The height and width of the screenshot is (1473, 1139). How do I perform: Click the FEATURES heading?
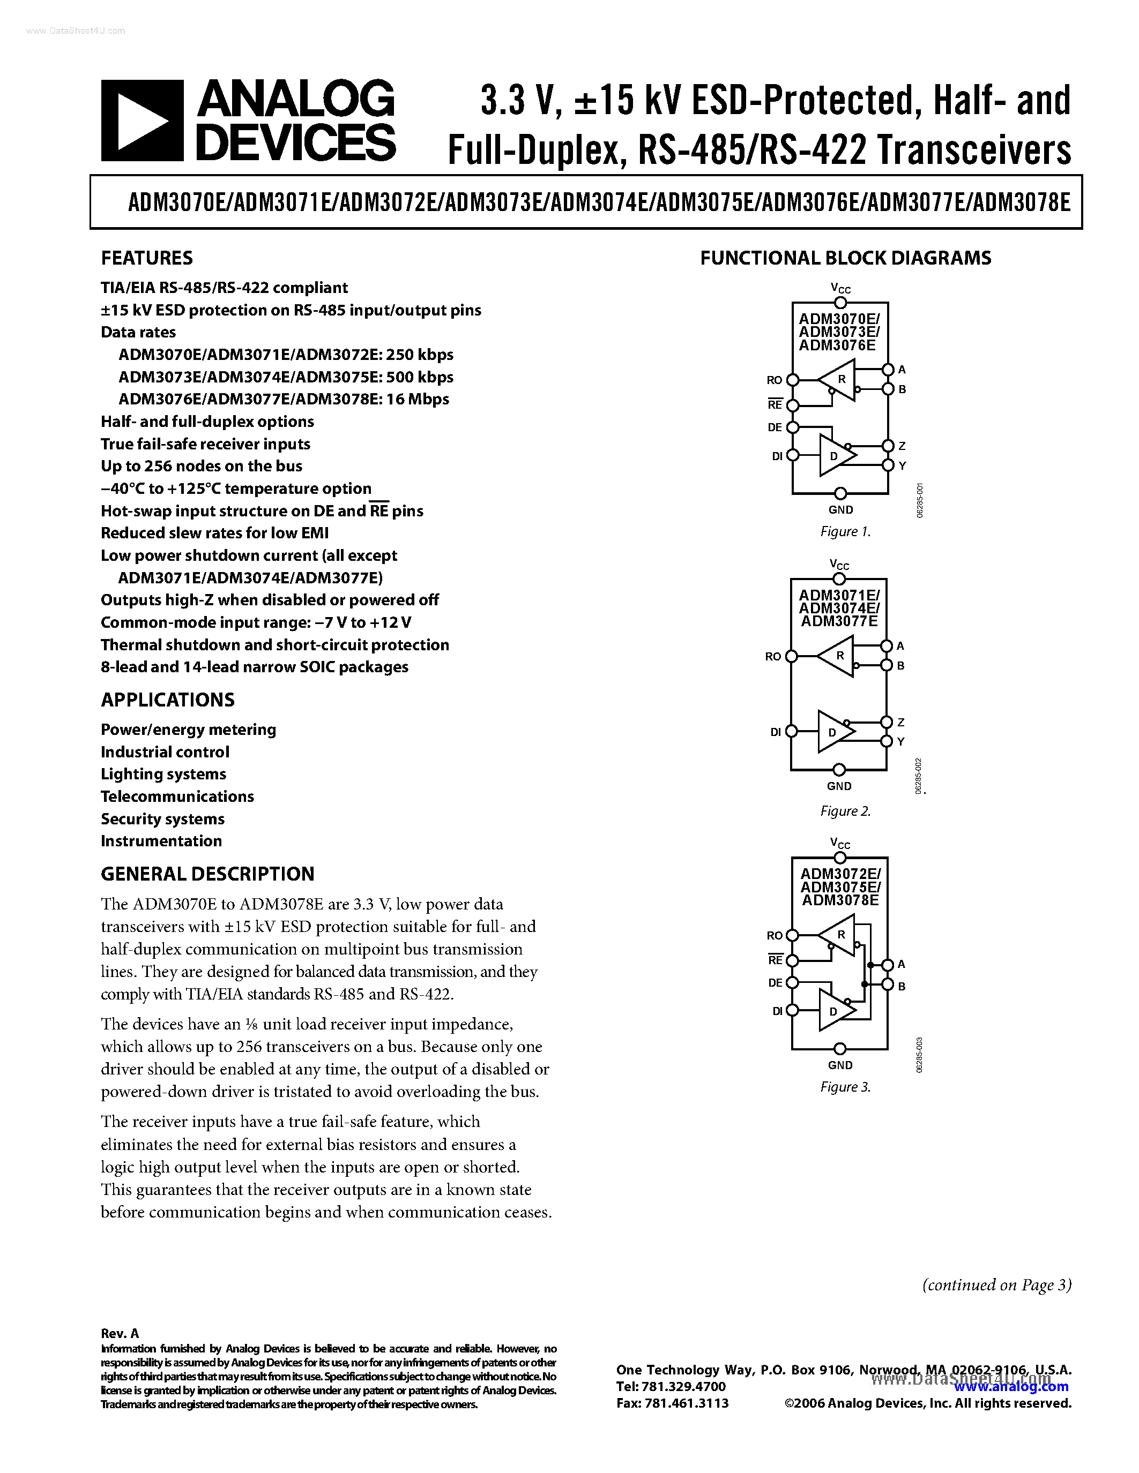click(146, 258)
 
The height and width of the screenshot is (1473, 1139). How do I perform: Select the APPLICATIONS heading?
click(167, 700)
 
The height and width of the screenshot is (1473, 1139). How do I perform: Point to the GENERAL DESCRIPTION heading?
click(207, 874)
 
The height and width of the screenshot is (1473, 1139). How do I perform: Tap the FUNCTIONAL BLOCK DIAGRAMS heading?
click(845, 258)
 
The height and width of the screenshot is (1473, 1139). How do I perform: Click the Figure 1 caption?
click(845, 531)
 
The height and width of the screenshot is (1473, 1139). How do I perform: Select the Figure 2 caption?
click(845, 811)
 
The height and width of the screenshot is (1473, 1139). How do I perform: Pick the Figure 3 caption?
click(845, 1087)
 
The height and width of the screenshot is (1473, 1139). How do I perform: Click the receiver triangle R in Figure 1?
click(840, 380)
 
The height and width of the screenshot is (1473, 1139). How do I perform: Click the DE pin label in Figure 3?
click(775, 983)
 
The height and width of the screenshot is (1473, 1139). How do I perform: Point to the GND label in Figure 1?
click(841, 510)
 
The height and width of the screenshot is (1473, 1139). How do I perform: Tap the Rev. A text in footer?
click(120, 1333)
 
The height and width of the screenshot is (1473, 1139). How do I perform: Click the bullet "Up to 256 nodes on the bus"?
click(201, 466)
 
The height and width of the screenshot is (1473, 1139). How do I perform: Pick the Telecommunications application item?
click(177, 796)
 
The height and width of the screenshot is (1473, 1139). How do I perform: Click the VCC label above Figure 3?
click(840, 843)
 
